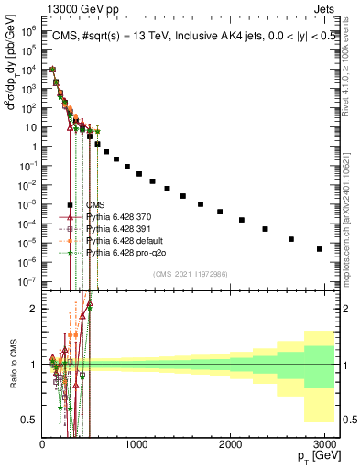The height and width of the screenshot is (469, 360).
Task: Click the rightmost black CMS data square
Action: (319, 248)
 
